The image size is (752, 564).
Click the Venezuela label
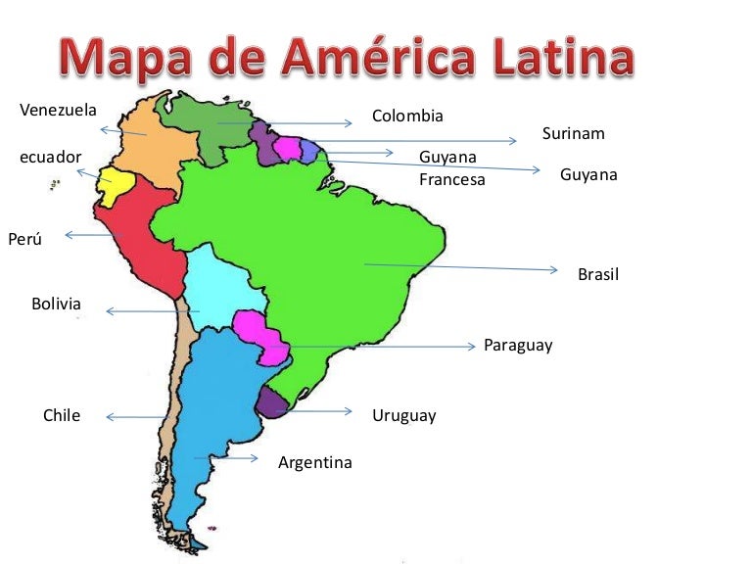click(x=58, y=110)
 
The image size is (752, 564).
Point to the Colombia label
click(x=407, y=117)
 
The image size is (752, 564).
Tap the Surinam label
click(x=573, y=133)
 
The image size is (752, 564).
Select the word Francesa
click(x=451, y=179)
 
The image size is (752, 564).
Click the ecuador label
click(x=51, y=157)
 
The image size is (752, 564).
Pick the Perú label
click(x=25, y=239)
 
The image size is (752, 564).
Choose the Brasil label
click(x=598, y=275)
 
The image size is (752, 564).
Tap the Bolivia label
click(x=56, y=304)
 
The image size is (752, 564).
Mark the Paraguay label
click(x=518, y=346)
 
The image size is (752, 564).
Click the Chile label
click(x=62, y=415)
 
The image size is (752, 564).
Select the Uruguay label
click(x=403, y=416)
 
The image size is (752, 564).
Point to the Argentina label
click(x=314, y=462)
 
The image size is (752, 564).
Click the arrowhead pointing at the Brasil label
click(x=555, y=270)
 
